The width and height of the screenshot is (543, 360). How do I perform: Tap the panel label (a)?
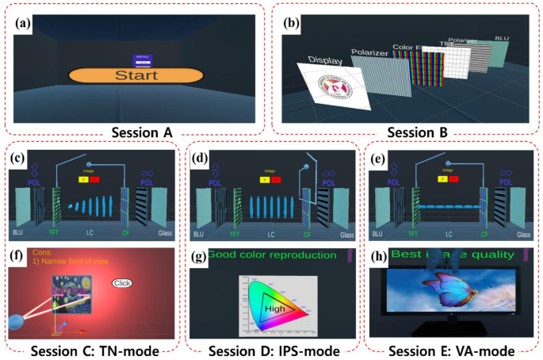pos(22,23)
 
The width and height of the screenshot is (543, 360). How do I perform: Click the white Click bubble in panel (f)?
pos(123,283)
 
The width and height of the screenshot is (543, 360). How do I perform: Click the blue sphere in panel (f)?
pos(15,320)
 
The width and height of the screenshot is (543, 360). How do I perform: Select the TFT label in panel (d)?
pos(235,235)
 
